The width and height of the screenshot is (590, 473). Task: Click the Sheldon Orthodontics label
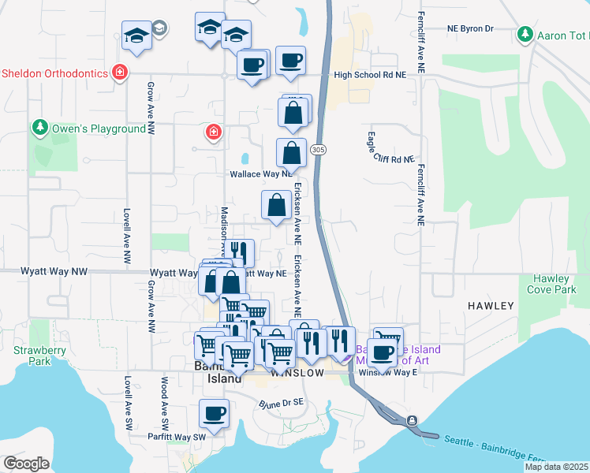[54, 73]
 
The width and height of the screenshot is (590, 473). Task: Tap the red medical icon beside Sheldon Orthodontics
[120, 73]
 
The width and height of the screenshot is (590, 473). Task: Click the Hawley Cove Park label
[551, 284]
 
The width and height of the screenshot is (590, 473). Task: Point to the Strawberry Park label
[32, 356]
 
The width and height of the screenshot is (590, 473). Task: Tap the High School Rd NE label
[369, 75]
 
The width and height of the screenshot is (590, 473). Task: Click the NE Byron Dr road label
[469, 28]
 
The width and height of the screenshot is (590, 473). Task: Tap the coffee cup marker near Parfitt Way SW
[213, 413]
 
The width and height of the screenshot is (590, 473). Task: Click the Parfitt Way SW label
[176, 436]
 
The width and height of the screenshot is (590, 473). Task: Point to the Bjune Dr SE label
[282, 403]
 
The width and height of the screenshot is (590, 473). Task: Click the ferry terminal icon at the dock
[412, 421]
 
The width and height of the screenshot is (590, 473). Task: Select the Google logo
[26, 464]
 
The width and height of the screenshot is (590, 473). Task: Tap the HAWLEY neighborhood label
[491, 305]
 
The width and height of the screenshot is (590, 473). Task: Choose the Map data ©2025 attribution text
[556, 467]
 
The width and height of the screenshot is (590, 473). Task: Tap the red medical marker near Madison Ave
[212, 132]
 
